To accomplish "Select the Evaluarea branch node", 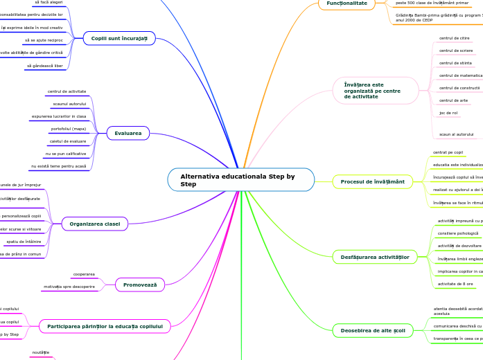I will (x=128, y=133).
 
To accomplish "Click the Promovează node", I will (x=139, y=285).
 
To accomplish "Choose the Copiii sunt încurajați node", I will (x=119, y=38).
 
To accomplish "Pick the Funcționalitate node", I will (x=346, y=3).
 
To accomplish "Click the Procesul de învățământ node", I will (x=372, y=181).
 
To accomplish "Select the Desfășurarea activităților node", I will (x=375, y=257).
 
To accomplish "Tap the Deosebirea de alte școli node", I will (x=373, y=331).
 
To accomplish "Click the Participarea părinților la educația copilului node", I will (x=105, y=326).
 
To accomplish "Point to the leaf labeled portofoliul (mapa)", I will (x=68, y=129).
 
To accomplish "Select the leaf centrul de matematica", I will (x=461, y=75).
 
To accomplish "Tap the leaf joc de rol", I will (x=448, y=112).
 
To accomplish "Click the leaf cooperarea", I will (x=84, y=274).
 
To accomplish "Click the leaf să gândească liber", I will (x=44, y=66).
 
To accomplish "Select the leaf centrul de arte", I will (x=453, y=100).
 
